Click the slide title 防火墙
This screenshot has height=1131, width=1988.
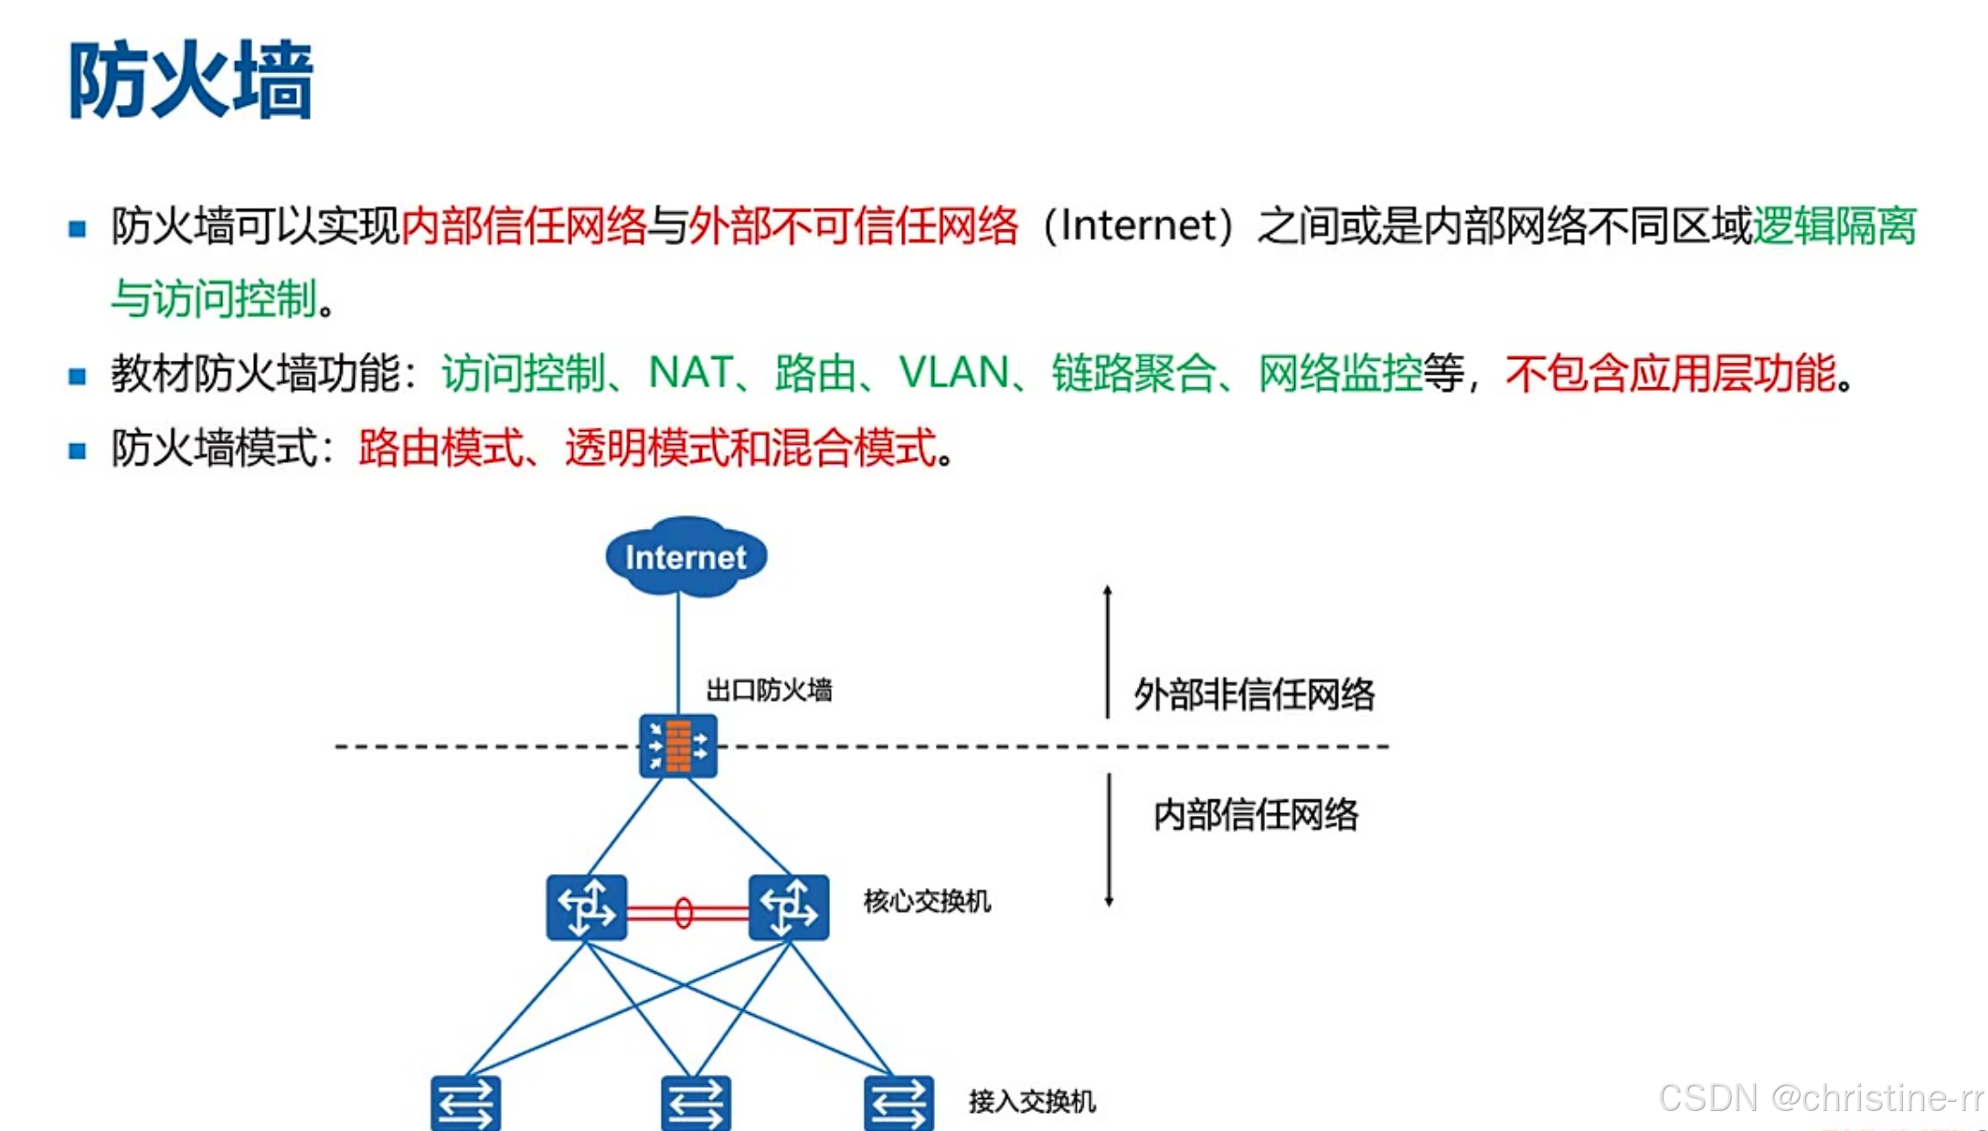190,80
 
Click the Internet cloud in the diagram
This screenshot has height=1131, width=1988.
686,556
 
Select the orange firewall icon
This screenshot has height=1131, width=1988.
678,745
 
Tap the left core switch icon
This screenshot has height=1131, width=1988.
586,907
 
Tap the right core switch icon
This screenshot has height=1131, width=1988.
789,907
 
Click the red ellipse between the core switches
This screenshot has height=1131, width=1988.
683,913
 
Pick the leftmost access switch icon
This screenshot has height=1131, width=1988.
465,1104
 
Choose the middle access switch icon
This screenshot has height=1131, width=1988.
696,1104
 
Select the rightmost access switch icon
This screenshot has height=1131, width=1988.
898,1104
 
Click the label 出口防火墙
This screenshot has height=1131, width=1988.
769,690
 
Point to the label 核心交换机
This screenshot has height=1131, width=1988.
927,902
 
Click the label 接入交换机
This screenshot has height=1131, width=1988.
1032,1101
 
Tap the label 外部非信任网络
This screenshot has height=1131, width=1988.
1254,694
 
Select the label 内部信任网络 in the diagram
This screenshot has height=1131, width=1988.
1256,814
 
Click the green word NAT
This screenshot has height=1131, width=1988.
690,373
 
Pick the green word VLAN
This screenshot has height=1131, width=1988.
953,373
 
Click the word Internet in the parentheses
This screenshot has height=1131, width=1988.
1139,226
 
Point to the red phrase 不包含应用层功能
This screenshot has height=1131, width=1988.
1670,373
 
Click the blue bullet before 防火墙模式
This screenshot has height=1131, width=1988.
78,450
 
